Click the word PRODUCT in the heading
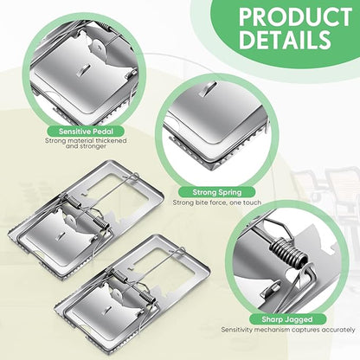coord(295,17)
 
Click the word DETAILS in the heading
coord(285,40)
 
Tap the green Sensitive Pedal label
coord(86,132)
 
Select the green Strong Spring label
coord(217,192)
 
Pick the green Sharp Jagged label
coord(287,319)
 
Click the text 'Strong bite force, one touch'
coord(217,202)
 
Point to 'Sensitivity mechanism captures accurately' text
coord(288,330)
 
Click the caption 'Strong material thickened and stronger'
coord(86,143)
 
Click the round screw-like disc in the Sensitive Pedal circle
coord(98,47)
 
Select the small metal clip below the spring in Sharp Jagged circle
coord(271,290)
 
